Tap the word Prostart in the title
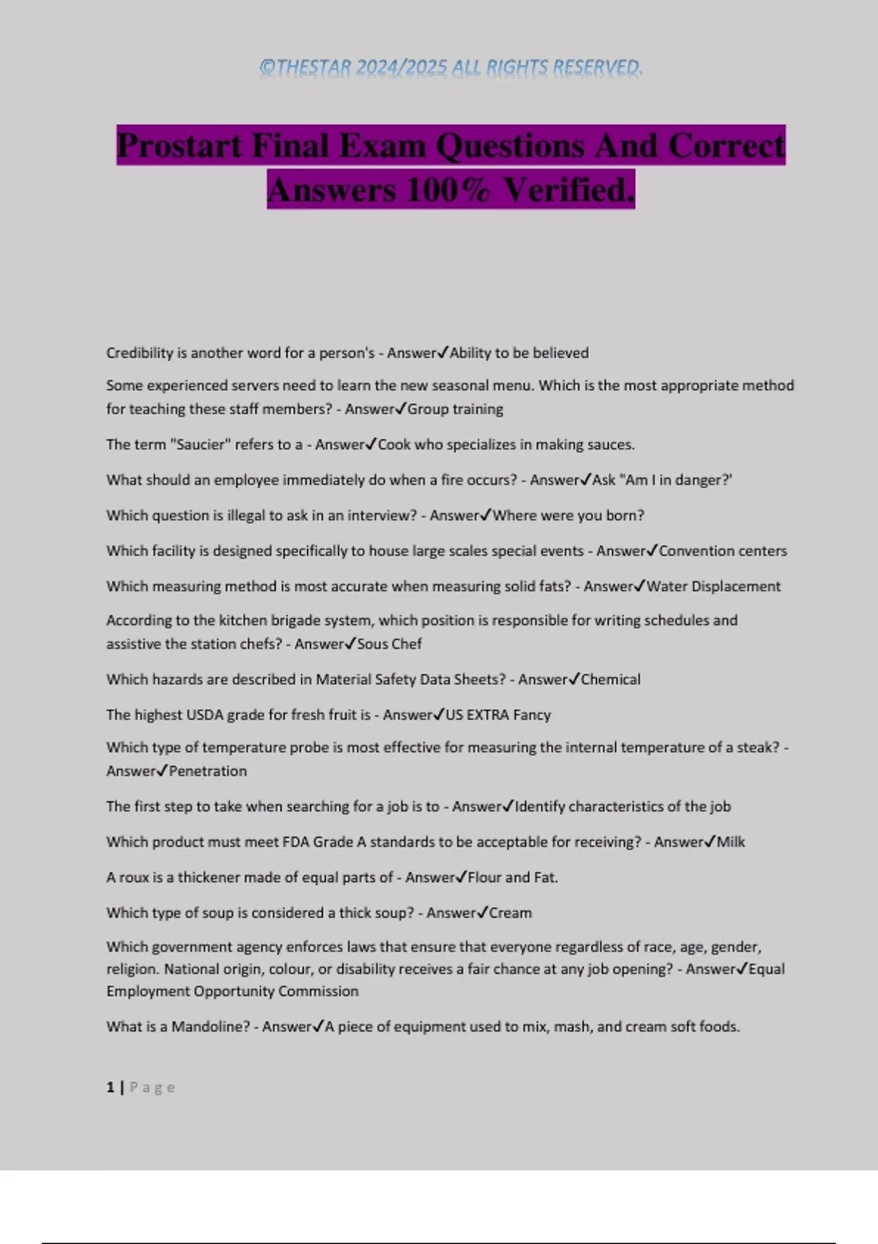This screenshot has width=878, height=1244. click(x=179, y=145)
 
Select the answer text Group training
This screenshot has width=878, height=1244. click(x=455, y=409)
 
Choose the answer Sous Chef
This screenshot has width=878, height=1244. click(x=389, y=644)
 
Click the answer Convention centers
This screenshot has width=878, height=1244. click(x=723, y=551)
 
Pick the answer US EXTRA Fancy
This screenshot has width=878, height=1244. click(x=498, y=715)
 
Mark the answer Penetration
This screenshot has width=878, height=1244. click(x=208, y=771)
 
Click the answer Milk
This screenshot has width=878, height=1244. click(x=730, y=842)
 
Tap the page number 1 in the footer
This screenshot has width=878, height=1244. click(x=110, y=1087)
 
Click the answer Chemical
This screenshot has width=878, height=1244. click(x=610, y=679)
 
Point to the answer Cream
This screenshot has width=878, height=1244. click(x=510, y=913)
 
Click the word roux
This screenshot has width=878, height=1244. click(x=134, y=877)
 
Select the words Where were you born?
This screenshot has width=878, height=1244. click(x=569, y=515)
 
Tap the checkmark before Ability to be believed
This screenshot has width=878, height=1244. click(x=443, y=353)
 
